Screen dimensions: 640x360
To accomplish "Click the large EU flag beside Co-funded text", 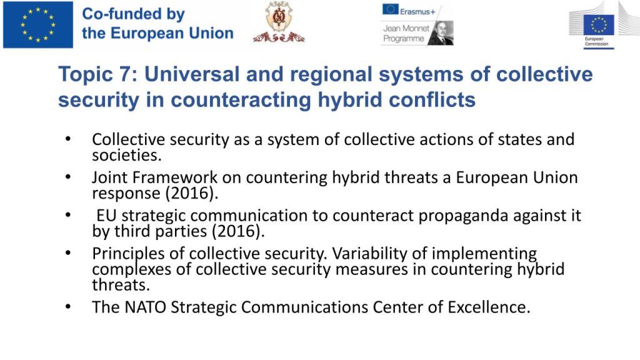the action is pyautogui.click(x=38, y=24).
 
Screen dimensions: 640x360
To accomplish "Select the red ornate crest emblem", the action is pyautogui.click(x=279, y=22).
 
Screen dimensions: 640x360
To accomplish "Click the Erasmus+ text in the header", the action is pyautogui.click(x=417, y=12).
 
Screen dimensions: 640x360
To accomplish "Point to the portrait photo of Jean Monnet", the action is pyautogui.click(x=441, y=33).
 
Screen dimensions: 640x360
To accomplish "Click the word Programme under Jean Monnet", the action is pyautogui.click(x=403, y=39).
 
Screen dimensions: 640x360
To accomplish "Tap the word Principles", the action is pyautogui.click(x=128, y=254).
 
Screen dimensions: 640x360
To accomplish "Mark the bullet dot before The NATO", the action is pyautogui.click(x=68, y=306).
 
